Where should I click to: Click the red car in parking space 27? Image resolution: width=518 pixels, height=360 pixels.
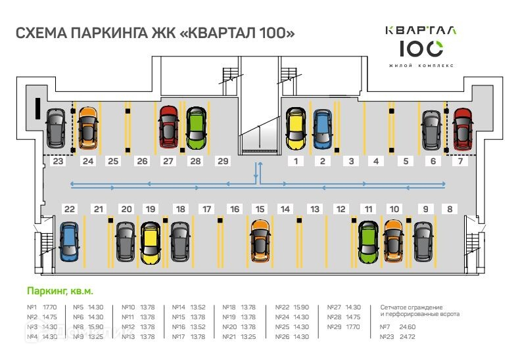tap(169, 125)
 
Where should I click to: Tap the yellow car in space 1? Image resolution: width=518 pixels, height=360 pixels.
tap(296, 127)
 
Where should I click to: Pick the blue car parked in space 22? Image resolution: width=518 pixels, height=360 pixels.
tap(68, 242)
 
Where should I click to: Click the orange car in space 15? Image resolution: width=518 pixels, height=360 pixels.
tap(260, 240)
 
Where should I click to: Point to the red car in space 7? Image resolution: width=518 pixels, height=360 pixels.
tap(463, 128)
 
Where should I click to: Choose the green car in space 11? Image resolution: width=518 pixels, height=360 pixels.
tap(368, 241)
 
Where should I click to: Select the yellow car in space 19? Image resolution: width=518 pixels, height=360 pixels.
tap(151, 242)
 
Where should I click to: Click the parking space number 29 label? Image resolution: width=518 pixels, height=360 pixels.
tap(223, 161)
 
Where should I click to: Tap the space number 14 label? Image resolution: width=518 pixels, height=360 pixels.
tap(285, 209)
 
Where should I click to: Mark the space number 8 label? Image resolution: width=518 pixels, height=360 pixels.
tap(450, 209)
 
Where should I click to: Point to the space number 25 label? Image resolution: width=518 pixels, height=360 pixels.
tap(113, 161)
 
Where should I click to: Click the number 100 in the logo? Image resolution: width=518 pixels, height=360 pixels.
tap(421, 49)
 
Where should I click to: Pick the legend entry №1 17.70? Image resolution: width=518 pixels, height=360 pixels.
tap(41, 307)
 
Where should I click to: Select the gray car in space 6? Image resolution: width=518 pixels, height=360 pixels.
tap(431, 129)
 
